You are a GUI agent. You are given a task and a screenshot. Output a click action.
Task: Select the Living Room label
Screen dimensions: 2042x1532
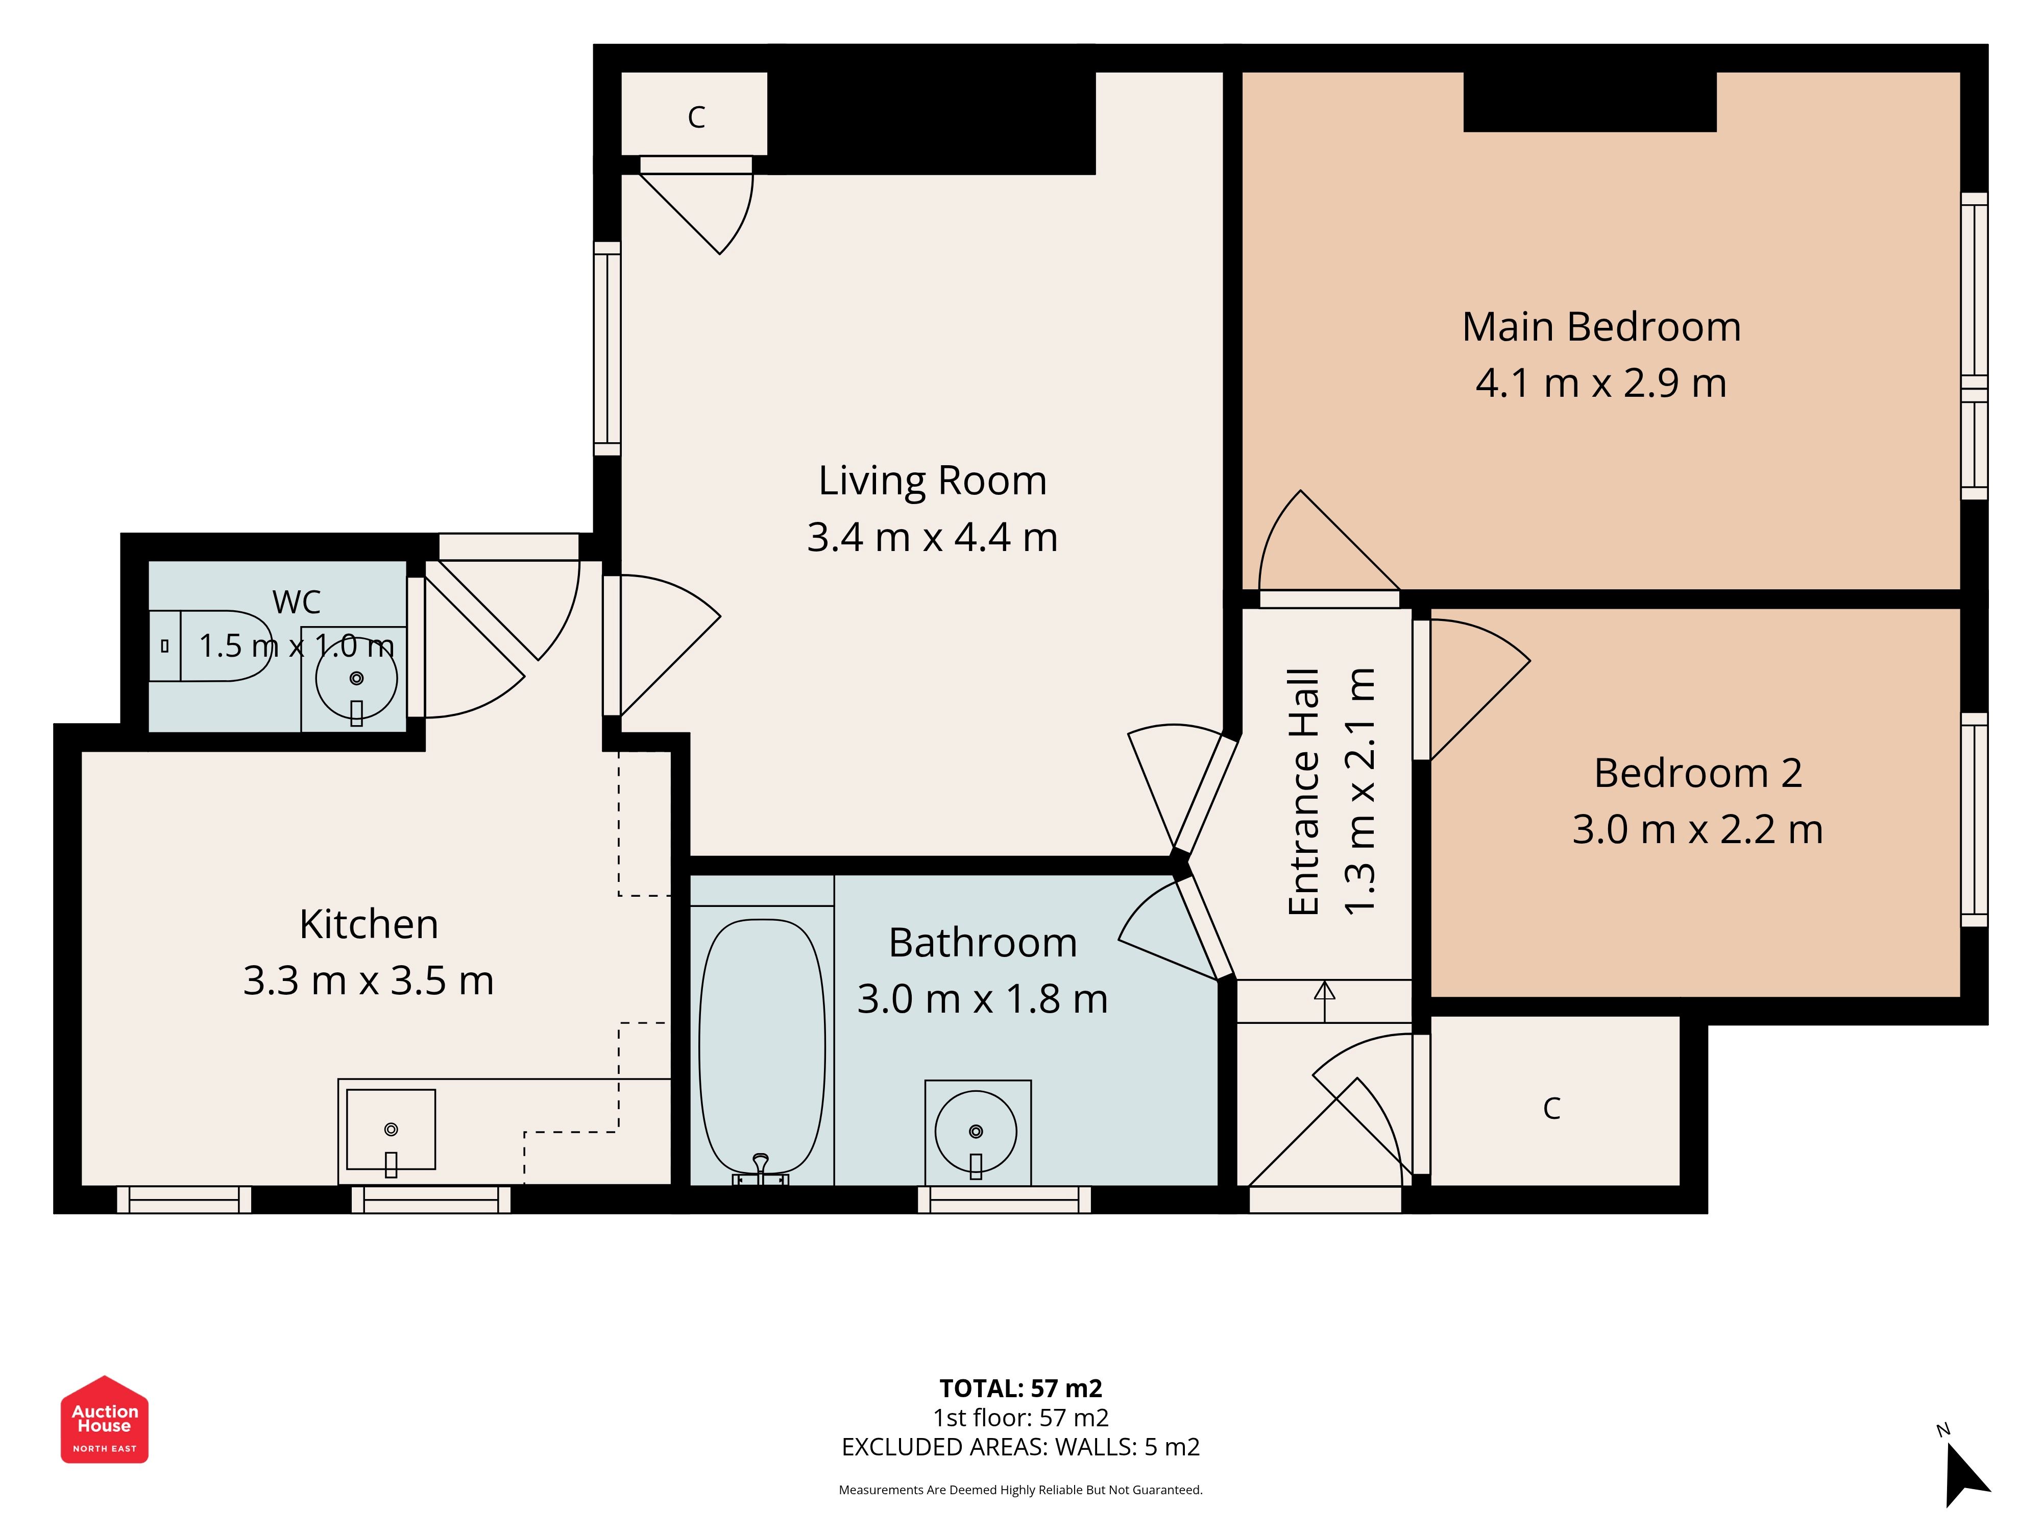coord(932,480)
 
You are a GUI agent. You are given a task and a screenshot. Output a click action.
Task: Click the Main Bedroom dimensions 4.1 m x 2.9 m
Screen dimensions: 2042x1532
coord(1601,383)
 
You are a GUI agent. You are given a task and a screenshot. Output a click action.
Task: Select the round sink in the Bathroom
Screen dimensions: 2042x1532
coord(976,1131)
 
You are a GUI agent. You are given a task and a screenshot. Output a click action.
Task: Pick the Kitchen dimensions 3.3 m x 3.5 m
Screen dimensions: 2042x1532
coord(369,980)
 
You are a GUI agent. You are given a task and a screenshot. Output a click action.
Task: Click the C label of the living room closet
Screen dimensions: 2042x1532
coord(696,117)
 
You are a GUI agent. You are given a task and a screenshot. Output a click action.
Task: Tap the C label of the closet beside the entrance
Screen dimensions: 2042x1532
coord(1552,1108)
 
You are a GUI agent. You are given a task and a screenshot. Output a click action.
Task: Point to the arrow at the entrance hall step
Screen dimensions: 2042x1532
coord(1325,1001)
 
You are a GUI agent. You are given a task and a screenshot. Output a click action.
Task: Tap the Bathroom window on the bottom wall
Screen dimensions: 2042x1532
coord(1004,1200)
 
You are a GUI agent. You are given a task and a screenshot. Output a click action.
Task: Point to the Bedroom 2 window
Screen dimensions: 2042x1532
coord(1974,819)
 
